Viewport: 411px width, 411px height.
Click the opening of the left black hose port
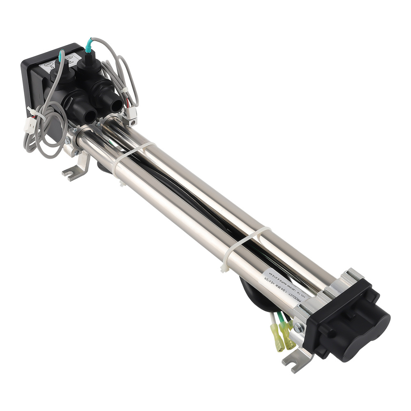(x=88, y=115)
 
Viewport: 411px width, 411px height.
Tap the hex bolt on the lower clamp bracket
(x=299, y=328)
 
